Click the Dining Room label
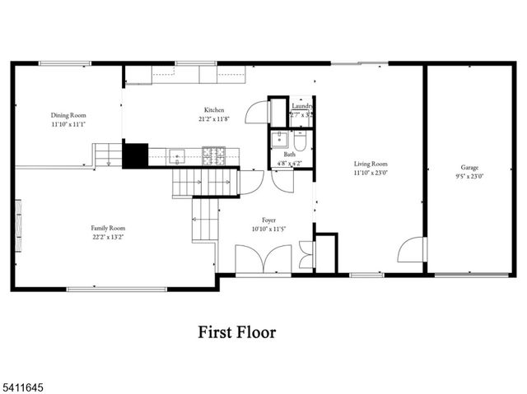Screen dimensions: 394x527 click(x=68, y=116)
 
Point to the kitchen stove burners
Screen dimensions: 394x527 click(x=215, y=154)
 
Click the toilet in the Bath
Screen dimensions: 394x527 click(x=301, y=143)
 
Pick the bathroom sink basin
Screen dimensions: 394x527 click(x=281, y=137)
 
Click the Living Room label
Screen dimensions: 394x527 click(x=370, y=164)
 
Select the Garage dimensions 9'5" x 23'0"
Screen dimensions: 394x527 click(x=469, y=176)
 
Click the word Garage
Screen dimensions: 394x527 click(x=469, y=167)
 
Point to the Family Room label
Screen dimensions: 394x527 click(x=107, y=228)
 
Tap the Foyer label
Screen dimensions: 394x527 click(x=268, y=220)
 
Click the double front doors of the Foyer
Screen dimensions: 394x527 click(x=263, y=260)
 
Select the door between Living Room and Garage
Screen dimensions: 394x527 click(x=412, y=250)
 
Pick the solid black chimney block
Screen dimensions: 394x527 click(x=134, y=155)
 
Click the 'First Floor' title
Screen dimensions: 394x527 click(x=236, y=332)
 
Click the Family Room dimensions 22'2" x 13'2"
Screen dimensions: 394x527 click(x=107, y=237)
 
